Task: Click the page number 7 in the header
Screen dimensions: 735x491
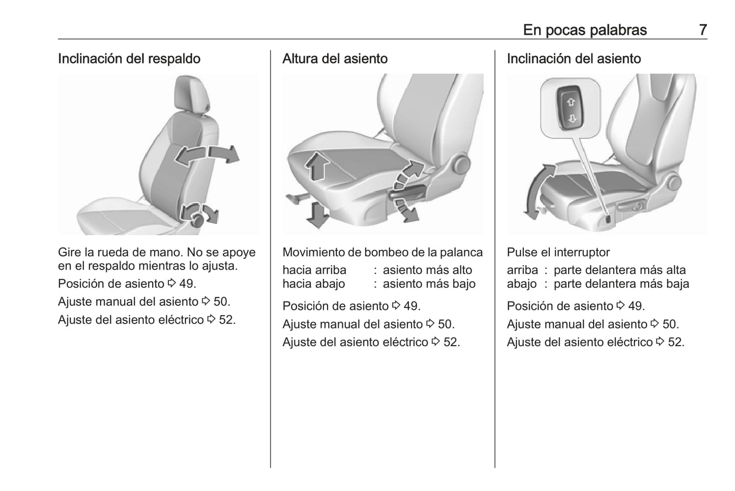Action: tap(703, 30)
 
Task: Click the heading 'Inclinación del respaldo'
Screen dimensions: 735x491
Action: tap(129, 59)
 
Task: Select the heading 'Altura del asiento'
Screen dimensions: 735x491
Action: tap(335, 59)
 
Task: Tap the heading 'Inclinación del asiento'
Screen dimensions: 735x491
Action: tap(574, 59)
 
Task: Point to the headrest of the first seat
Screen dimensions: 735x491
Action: tap(192, 93)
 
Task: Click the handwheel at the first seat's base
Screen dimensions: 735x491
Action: tap(197, 220)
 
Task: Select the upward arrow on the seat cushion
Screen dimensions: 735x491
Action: tap(317, 166)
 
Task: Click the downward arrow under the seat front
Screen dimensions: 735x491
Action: tap(317, 215)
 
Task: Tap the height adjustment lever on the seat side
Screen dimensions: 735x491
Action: tap(407, 192)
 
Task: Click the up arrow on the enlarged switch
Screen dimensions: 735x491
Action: tap(571, 102)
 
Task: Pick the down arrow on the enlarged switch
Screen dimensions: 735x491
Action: tap(572, 119)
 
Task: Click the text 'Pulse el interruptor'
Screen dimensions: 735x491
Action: tap(558, 252)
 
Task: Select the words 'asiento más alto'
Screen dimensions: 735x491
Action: tap(427, 270)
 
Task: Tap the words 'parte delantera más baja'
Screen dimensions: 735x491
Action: tap(621, 283)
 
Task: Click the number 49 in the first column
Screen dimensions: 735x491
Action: tap(186, 283)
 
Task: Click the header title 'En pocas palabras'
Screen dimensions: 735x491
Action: tap(585, 30)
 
